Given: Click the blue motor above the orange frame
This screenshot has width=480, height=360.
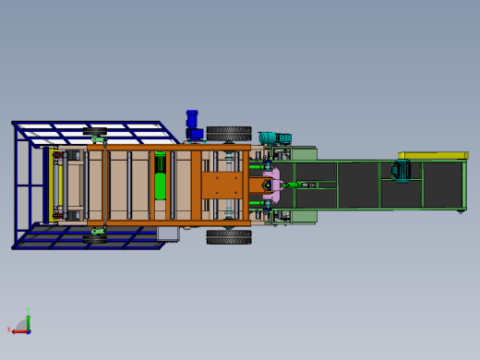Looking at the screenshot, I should pos(192,125).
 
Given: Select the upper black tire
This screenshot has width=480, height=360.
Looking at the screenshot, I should pos(229,133).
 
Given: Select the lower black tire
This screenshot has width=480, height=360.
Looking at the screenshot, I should pos(229,236).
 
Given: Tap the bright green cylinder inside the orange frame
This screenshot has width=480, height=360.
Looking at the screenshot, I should pos(160,176).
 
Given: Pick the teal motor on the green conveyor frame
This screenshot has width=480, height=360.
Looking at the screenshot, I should pos(402,171).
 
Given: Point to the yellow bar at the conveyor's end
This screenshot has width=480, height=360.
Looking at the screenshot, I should pos(432,155).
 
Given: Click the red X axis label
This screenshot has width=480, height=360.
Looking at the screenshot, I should pos(9,330).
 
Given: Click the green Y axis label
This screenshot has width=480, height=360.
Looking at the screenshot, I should pos(29,310).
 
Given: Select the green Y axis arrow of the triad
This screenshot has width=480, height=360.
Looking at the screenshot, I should pos(29,320).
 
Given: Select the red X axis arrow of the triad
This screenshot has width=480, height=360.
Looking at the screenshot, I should pos(18,330).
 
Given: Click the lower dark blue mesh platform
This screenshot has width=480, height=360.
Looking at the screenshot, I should pos(92,237).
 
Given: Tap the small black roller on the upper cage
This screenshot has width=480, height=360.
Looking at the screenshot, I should pos(94,131).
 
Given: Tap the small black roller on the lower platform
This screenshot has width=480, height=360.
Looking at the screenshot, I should pos(94,239).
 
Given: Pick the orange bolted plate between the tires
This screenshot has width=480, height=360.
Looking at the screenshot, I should pos(222,184).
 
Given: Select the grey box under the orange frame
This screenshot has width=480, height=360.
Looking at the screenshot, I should pos(167,234).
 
